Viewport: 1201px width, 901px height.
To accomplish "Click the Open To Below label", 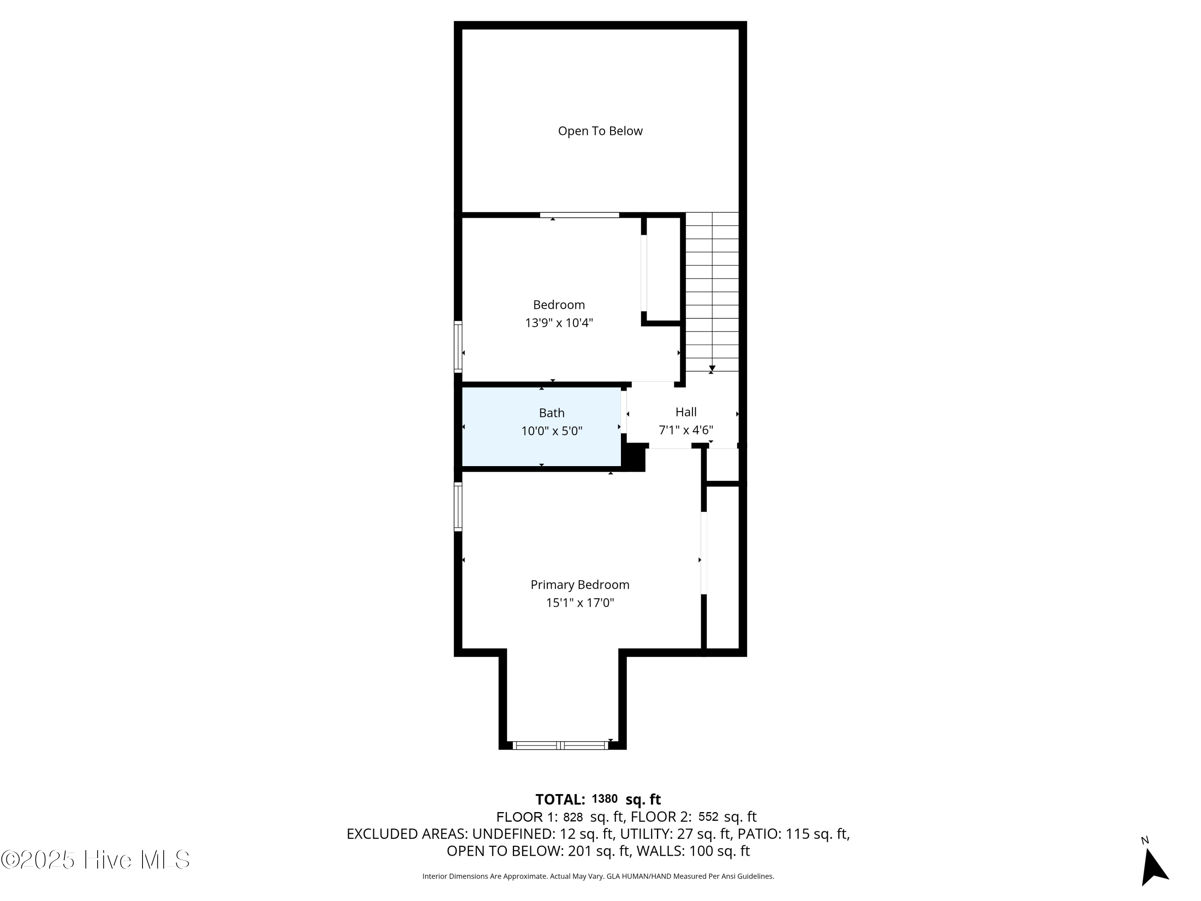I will pos(600,131).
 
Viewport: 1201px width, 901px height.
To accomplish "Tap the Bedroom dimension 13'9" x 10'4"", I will pos(559,323).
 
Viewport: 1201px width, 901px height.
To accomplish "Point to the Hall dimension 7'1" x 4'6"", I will pos(686,430).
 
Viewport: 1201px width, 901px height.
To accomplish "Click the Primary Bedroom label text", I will pos(580,585).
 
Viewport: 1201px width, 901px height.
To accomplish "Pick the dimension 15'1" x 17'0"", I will pos(580,603).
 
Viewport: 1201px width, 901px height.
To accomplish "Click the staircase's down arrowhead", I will pos(712,369).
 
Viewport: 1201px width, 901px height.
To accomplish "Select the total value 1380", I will pos(604,799).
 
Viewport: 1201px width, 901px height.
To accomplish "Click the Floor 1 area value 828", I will pos(573,817).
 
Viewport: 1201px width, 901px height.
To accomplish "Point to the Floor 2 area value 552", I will pos(708,817).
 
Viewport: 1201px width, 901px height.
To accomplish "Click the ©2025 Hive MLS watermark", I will pos(96,860).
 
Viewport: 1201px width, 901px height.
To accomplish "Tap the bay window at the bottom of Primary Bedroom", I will pos(560,746).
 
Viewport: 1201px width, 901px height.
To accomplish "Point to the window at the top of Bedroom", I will pos(579,215).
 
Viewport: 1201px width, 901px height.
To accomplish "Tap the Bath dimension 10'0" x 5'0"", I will pos(552,432).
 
